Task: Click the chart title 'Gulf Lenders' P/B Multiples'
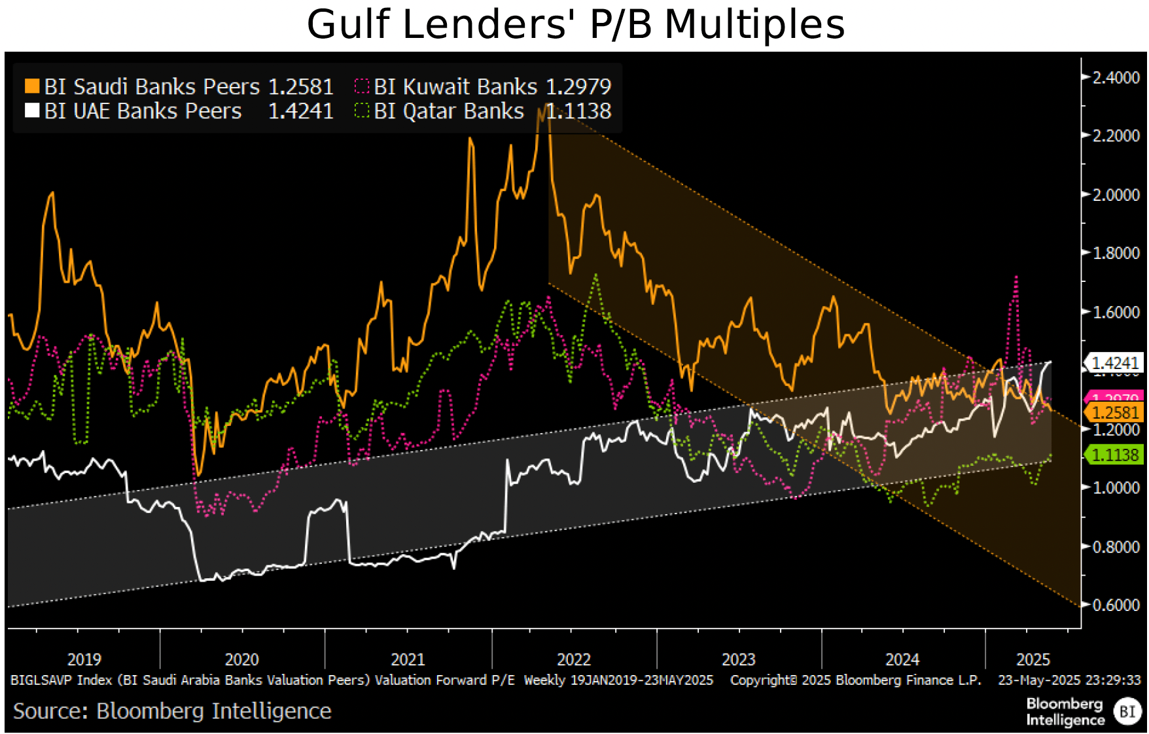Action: pyautogui.click(x=575, y=25)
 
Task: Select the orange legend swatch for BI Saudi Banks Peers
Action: pyautogui.click(x=31, y=86)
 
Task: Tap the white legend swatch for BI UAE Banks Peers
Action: pyautogui.click(x=31, y=111)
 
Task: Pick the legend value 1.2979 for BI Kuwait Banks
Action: pyautogui.click(x=578, y=86)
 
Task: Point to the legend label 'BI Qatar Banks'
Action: pyautogui.click(x=449, y=111)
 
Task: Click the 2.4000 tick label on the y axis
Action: pyautogui.click(x=1116, y=77)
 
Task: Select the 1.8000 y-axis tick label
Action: pyautogui.click(x=1116, y=253)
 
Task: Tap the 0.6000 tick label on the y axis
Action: pyautogui.click(x=1116, y=605)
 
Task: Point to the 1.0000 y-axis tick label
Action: pyautogui.click(x=1116, y=488)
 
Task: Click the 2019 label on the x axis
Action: pyautogui.click(x=84, y=659)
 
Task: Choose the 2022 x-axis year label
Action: pyautogui.click(x=574, y=659)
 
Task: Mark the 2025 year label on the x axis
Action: pyautogui.click(x=1033, y=659)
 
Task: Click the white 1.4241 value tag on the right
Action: pyautogui.click(x=1116, y=362)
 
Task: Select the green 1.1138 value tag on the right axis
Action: pyautogui.click(x=1116, y=455)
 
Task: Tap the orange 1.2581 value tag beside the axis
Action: pyautogui.click(x=1116, y=413)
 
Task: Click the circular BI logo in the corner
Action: pyautogui.click(x=1127, y=712)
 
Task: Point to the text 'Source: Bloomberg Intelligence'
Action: pyautogui.click(x=172, y=711)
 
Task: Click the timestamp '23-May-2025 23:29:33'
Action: pyautogui.click(x=1069, y=680)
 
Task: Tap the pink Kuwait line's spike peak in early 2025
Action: pyautogui.click(x=1016, y=277)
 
